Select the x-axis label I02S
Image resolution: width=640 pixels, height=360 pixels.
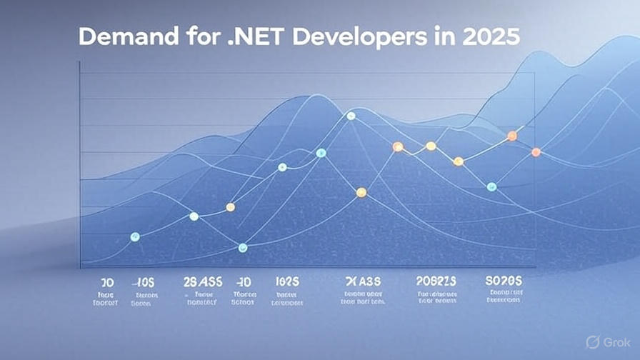[x=286, y=281]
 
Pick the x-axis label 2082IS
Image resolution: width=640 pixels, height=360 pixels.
[x=435, y=281]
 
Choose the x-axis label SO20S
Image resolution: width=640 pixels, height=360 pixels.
[x=504, y=281]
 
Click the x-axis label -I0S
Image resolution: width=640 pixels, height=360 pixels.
[x=146, y=281]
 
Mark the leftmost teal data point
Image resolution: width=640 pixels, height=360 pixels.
[x=136, y=236]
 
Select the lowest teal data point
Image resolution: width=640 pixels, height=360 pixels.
[x=242, y=248]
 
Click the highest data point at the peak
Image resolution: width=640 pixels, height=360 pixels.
[x=351, y=116]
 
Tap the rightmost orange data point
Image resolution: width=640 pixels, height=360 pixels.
[x=536, y=152]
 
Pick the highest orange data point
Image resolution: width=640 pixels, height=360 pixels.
[x=511, y=136]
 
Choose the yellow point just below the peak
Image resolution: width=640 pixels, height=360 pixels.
[x=361, y=192]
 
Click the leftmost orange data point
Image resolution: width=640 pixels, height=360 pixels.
[x=230, y=207]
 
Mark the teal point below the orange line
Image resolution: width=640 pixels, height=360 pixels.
[x=491, y=186]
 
